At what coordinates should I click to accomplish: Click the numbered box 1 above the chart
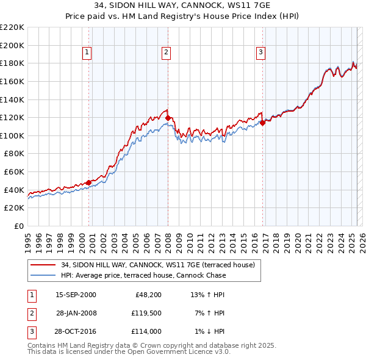(88, 53)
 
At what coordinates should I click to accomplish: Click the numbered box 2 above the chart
(166, 53)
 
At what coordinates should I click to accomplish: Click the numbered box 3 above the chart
(260, 53)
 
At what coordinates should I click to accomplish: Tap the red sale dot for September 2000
(89, 182)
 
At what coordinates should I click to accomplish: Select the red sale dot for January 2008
(168, 118)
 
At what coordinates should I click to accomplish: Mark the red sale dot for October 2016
(262, 123)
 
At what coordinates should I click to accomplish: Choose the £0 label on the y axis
(18, 226)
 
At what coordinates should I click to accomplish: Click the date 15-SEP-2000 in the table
(76, 295)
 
